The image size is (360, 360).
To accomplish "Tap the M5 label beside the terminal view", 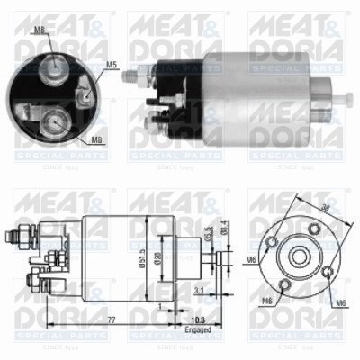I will pos(112,65).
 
